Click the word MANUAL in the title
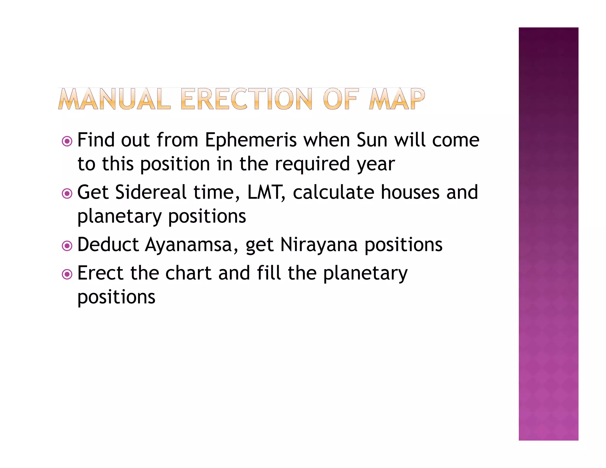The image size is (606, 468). [x=115, y=99]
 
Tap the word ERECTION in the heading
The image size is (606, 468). [x=246, y=99]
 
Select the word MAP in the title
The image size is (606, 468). [x=397, y=99]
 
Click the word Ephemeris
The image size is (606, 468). [x=251, y=140]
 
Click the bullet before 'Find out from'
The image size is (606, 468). [x=67, y=141]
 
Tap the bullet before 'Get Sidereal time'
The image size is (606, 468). [x=67, y=193]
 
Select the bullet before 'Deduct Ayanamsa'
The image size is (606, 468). [x=67, y=246]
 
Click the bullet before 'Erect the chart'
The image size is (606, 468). [x=67, y=274]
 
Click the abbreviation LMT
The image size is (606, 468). [x=265, y=192]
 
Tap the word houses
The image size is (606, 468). [x=410, y=192]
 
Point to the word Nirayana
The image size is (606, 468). [x=319, y=245]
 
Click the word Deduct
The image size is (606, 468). [x=108, y=245]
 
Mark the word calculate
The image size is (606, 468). [x=333, y=192]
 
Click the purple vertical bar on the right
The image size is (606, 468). [x=548, y=234]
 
